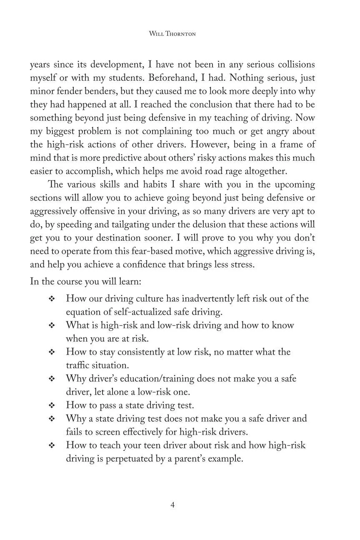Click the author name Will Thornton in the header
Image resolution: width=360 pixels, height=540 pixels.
click(x=172, y=34)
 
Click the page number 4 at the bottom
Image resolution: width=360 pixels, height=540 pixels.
click(x=172, y=505)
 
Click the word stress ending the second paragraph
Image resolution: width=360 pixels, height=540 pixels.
click(x=240, y=265)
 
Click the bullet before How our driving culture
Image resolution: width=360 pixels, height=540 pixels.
click(x=52, y=299)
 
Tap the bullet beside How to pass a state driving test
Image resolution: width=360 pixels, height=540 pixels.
click(x=52, y=405)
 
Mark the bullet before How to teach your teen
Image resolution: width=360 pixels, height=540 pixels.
click(x=52, y=445)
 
